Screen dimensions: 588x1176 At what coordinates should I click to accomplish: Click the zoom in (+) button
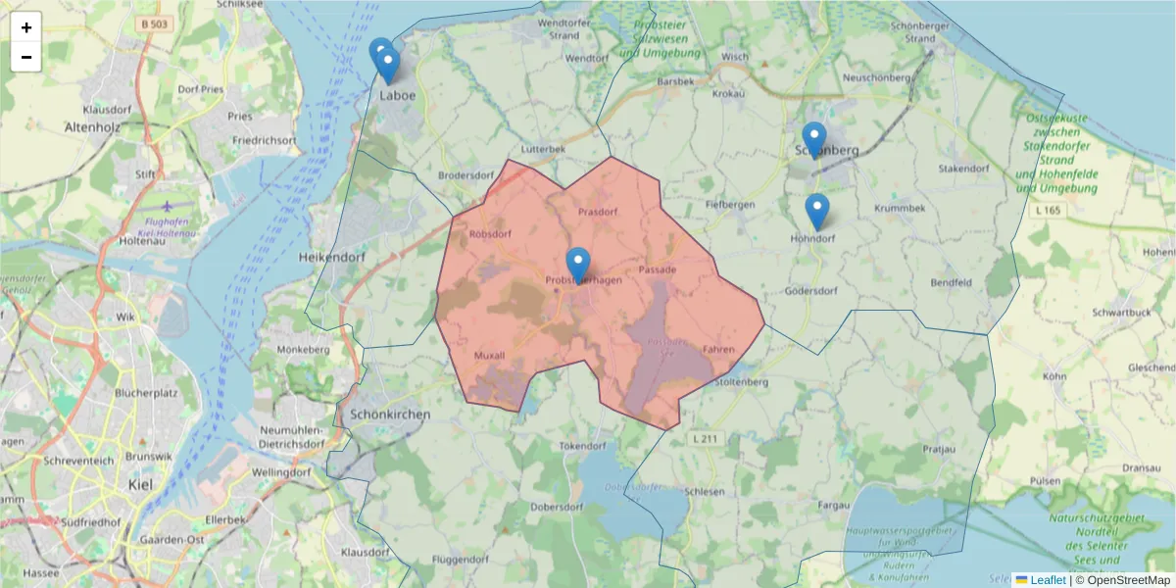[26, 27]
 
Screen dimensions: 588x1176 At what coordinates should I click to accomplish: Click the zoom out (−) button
[26, 57]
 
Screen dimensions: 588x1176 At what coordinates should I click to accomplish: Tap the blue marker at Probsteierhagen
[578, 264]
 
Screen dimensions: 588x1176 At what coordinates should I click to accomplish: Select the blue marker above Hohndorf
[816, 210]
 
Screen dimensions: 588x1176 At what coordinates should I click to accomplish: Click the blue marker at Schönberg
[813, 138]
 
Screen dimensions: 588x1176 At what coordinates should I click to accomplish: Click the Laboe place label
[397, 96]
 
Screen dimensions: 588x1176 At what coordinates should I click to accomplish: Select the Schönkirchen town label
[389, 415]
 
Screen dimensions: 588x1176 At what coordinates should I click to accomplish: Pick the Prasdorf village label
[598, 212]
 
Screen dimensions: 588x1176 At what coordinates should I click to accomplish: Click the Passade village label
[657, 269]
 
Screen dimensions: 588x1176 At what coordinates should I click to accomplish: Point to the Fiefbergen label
[731, 204]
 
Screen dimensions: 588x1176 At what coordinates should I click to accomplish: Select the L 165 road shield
[1047, 210]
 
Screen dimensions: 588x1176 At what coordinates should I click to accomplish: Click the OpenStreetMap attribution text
[1122, 580]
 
